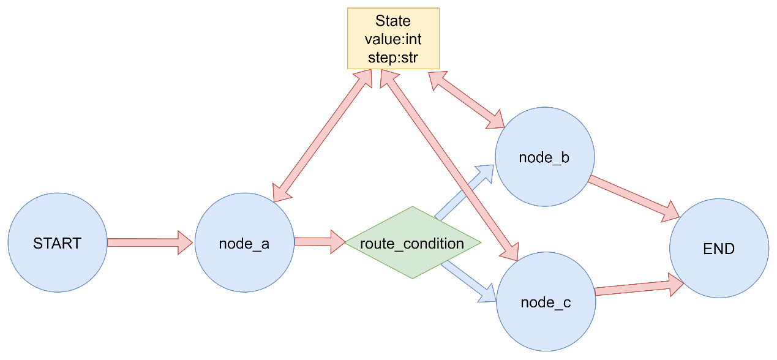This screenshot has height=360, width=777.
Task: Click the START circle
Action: click(x=58, y=242)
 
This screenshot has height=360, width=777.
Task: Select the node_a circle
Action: click(x=244, y=242)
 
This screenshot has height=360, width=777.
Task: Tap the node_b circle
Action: click(x=544, y=157)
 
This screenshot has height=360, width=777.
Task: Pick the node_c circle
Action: click(x=546, y=301)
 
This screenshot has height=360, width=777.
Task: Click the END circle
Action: click(x=719, y=248)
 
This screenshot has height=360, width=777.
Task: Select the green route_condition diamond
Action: click(x=413, y=242)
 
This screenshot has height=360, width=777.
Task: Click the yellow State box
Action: click(x=393, y=39)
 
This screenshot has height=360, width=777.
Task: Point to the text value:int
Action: click(x=393, y=39)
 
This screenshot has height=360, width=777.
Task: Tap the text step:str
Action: click(x=393, y=58)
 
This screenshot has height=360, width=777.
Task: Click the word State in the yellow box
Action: click(x=393, y=21)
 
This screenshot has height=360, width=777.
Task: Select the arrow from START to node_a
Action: click(x=150, y=242)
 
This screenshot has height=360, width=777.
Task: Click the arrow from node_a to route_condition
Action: click(x=320, y=242)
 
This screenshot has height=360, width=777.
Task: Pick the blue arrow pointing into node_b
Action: click(x=464, y=192)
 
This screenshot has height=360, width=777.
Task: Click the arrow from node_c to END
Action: click(x=639, y=285)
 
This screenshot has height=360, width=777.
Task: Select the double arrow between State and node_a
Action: click(x=323, y=135)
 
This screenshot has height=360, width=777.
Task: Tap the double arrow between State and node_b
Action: click(x=467, y=100)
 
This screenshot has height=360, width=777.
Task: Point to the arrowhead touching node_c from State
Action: click(x=510, y=251)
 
